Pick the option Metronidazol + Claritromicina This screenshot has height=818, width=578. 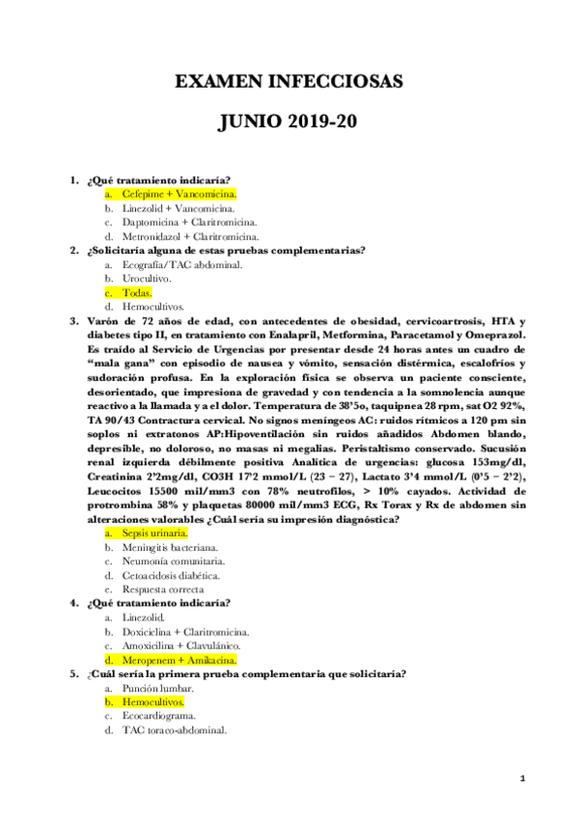pos(189,236)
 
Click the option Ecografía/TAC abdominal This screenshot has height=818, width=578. pos(181,264)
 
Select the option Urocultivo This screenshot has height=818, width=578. pos(146,278)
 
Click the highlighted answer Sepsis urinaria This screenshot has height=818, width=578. pos(154,532)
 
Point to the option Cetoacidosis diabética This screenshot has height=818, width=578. pos(163,575)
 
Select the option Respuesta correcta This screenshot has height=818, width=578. pos(162,589)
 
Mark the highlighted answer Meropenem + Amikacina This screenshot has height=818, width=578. pos(179,660)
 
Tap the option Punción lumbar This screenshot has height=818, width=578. pos(157,689)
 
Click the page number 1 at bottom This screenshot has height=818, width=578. pos(521,777)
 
